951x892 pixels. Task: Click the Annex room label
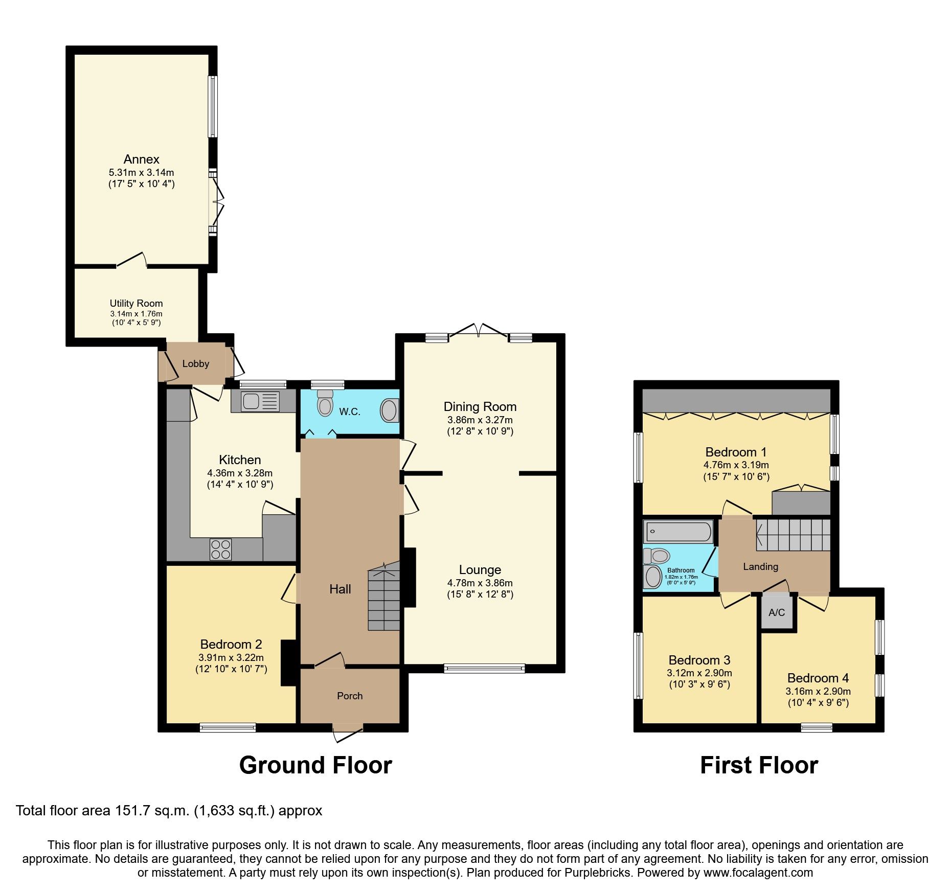[141, 159]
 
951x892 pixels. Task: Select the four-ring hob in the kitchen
[220, 550]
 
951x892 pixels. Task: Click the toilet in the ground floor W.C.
[325, 403]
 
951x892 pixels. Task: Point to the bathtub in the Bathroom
[678, 532]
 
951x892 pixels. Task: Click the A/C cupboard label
[776, 612]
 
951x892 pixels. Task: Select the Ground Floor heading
[315, 765]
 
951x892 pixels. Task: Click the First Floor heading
[759, 765]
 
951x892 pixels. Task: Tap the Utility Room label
[136, 303]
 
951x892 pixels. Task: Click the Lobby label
[195, 363]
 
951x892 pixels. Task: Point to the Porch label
[350, 696]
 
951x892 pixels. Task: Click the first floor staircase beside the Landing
[793, 535]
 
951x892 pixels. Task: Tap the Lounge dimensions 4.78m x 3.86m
[480, 583]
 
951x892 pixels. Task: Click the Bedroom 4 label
[818, 678]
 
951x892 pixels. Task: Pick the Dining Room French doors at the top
[479, 331]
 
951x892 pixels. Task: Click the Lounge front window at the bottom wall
[484, 668]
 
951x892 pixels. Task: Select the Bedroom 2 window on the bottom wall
[228, 727]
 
